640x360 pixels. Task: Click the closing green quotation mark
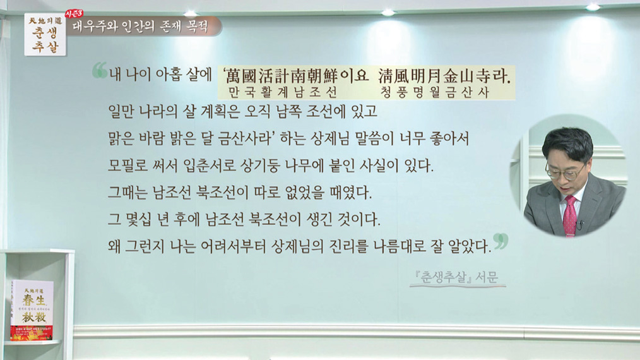[501, 241]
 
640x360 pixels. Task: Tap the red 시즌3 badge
[74, 13]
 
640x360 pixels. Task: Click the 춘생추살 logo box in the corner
[45, 34]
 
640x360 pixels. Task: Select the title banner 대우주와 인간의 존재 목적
[141, 27]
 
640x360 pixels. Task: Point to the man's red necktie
[570, 216]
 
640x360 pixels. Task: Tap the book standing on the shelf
[32, 309]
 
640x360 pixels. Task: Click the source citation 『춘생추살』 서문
[457, 277]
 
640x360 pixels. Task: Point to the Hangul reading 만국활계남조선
[283, 92]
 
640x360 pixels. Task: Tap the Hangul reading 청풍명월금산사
[435, 92]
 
